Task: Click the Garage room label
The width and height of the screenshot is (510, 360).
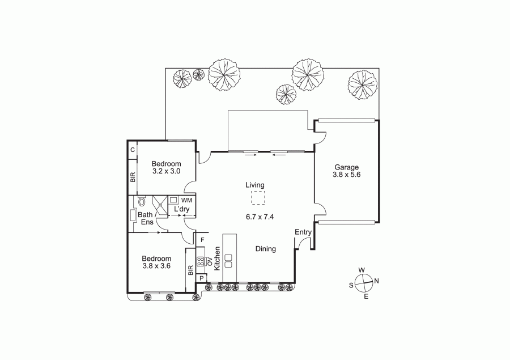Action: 346,167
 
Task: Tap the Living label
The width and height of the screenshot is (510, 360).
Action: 255,185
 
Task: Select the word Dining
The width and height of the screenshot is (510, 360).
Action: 265,249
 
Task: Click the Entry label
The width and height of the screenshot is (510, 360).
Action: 303,232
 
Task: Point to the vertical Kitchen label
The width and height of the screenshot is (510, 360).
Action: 218,258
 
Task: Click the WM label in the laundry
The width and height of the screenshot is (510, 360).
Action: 186,200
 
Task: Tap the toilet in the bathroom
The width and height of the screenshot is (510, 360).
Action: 142,201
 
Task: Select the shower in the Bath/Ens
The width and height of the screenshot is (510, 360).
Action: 159,205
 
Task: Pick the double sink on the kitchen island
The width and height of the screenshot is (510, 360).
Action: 228,261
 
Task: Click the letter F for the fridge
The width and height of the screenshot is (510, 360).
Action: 202,240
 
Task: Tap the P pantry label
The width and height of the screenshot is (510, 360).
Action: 202,278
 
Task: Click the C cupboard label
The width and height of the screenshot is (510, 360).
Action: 133,150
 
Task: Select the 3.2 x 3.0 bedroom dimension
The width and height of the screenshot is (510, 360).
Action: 166,171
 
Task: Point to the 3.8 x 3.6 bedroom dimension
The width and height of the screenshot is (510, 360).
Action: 156,266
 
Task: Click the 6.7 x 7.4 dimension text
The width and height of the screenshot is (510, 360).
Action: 260,217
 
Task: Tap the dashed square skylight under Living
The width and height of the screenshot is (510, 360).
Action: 258,198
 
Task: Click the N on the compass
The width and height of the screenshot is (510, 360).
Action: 376,281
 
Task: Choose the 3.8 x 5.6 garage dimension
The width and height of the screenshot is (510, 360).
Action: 346,175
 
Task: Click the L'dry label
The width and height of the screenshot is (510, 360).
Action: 182,209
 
